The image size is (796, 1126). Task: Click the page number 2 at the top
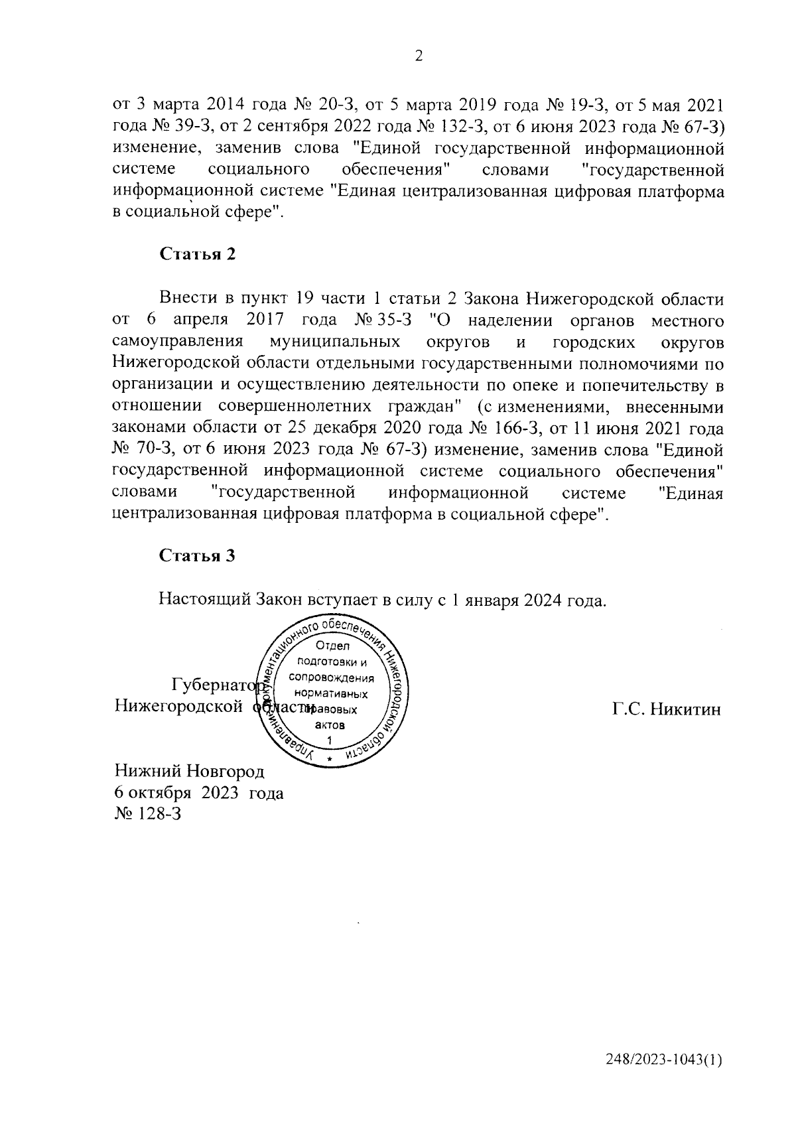[x=419, y=56]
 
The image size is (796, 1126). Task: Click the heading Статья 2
[x=197, y=254]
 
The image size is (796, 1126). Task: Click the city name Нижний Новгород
[x=190, y=772]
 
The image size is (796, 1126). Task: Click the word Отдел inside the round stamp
[x=332, y=646]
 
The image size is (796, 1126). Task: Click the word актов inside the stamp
[x=330, y=725]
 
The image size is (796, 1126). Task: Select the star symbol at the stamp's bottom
[x=330, y=757]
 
